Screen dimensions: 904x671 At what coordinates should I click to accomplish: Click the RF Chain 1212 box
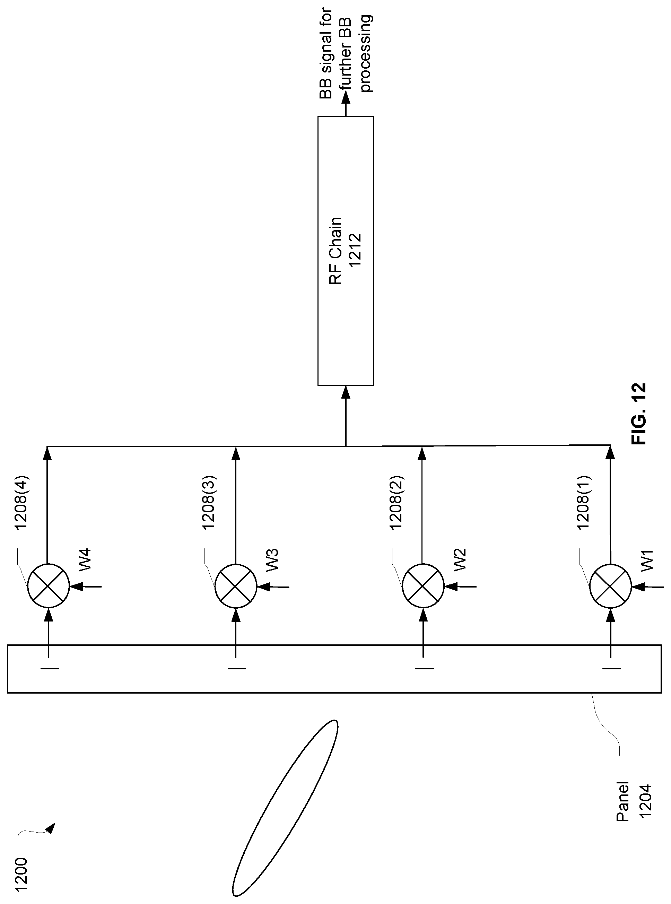tap(345, 251)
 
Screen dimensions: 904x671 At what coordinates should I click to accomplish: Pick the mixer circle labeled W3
tap(236, 585)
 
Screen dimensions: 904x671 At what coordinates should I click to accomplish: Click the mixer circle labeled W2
tap(423, 585)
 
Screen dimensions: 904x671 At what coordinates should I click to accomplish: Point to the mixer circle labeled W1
tap(610, 585)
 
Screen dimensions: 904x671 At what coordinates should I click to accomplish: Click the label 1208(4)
tap(21, 502)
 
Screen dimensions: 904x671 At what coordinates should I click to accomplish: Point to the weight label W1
tap(647, 561)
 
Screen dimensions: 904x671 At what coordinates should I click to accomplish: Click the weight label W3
tap(273, 560)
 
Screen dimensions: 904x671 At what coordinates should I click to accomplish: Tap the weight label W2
tap(460, 560)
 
